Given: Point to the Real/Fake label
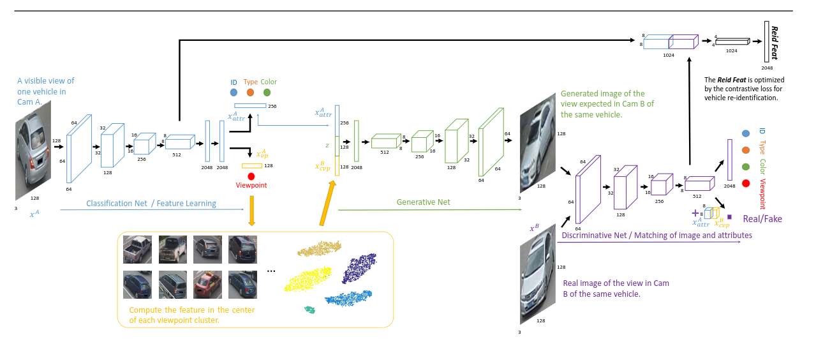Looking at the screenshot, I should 762,219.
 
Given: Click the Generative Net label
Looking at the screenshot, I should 423,202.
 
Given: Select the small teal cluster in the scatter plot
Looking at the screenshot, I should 309,309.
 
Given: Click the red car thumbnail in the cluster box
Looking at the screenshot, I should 207,285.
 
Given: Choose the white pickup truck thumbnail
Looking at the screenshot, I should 137,250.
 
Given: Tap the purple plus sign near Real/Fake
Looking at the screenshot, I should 695,213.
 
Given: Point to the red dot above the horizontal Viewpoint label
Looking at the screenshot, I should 251,176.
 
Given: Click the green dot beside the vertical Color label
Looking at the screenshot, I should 746,167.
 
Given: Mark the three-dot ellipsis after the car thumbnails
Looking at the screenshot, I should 271,271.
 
